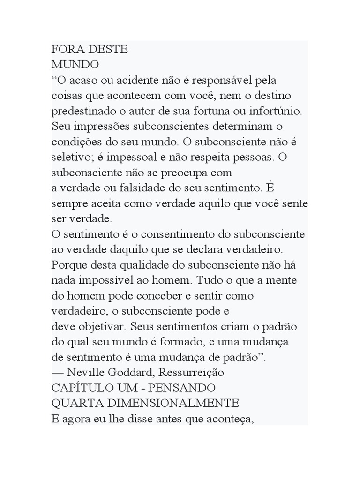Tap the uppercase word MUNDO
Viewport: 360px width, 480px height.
click(75, 65)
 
